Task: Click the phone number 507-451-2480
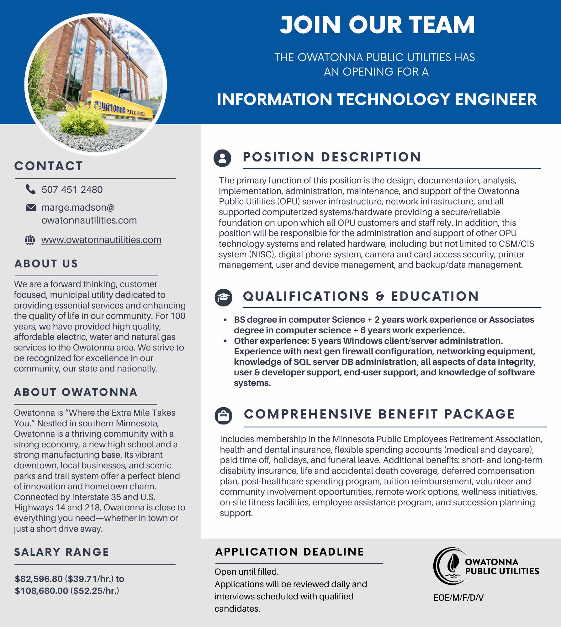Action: (x=72, y=190)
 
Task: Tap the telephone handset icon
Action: (x=30, y=189)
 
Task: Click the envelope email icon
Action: (x=30, y=208)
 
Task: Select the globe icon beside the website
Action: (x=30, y=240)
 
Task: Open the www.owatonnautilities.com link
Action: (x=101, y=240)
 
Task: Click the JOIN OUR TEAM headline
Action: (x=377, y=25)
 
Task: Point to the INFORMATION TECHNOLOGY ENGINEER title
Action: (x=377, y=99)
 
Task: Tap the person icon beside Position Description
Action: (x=222, y=158)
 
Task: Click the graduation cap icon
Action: (x=223, y=298)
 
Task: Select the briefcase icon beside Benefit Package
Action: (x=223, y=416)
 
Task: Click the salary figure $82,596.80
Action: (x=39, y=579)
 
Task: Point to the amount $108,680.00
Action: (x=41, y=591)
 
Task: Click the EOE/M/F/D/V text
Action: (x=458, y=598)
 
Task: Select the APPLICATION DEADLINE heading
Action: (x=289, y=552)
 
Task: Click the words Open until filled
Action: (x=246, y=572)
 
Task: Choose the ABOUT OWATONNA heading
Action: (x=76, y=392)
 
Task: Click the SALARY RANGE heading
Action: (x=61, y=552)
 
